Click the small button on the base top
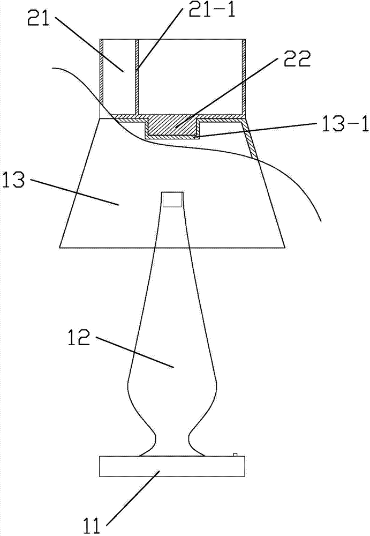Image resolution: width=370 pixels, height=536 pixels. [x=235, y=455]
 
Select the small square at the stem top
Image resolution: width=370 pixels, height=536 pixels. [x=172, y=199]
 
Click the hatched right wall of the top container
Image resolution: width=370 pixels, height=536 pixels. [x=244, y=78]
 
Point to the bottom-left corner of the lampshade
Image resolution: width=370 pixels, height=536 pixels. [x=61, y=248]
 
